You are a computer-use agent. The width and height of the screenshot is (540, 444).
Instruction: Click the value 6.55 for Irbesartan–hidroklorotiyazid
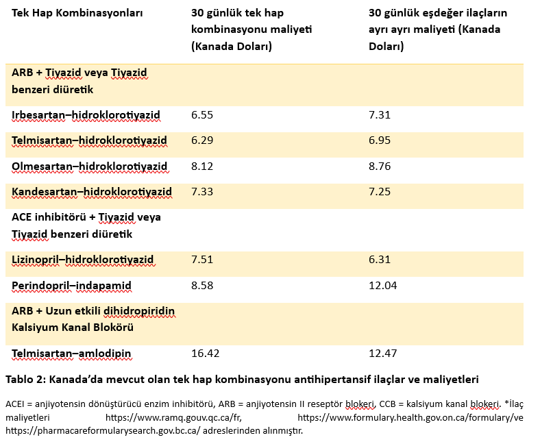click(202, 114)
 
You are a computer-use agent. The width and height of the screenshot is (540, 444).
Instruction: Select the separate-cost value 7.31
click(380, 114)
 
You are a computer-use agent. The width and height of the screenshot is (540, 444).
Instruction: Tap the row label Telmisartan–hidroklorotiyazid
click(89, 140)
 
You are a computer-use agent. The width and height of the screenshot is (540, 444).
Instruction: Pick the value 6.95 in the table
click(380, 140)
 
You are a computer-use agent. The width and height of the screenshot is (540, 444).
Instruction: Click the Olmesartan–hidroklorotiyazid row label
click(90, 166)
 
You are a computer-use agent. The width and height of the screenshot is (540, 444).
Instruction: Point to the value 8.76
click(380, 166)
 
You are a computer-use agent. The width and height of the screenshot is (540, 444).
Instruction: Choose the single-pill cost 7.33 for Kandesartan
click(202, 192)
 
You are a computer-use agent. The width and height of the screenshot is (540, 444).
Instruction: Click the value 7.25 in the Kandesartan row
click(380, 192)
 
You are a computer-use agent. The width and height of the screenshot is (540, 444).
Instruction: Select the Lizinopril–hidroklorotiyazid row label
click(83, 260)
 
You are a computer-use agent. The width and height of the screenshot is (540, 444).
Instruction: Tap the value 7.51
click(202, 260)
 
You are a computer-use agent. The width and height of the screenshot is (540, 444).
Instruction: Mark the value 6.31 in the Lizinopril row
click(380, 260)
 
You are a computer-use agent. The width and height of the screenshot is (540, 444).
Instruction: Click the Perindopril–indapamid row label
click(72, 286)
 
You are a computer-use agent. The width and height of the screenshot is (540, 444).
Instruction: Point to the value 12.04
click(382, 285)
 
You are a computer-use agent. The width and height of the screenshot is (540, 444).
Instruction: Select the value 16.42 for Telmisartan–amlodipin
click(206, 353)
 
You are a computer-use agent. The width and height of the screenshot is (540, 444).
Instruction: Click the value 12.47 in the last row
click(382, 353)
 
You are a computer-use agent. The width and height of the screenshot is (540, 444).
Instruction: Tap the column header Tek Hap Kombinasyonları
click(77, 13)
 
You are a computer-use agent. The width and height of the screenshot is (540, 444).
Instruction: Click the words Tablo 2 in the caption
click(24, 379)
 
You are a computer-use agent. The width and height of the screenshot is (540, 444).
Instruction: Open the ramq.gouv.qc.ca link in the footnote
click(173, 417)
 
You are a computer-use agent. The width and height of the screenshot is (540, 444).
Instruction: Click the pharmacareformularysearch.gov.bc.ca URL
click(103, 430)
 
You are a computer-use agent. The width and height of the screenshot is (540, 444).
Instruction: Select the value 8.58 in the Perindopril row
click(202, 285)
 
